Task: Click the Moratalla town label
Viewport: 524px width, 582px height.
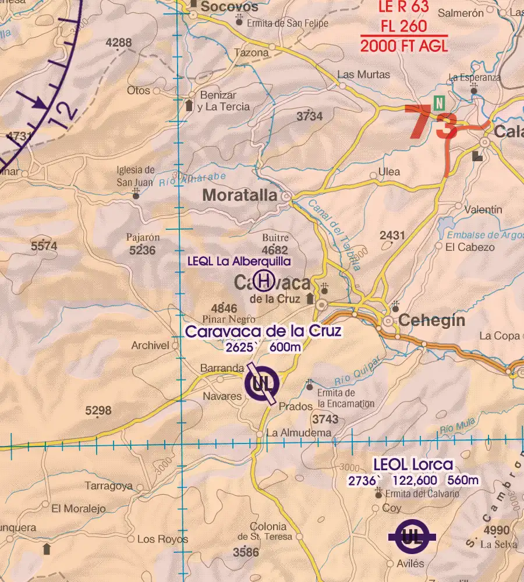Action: coord(239,196)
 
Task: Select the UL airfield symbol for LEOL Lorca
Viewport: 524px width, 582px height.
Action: coord(412,536)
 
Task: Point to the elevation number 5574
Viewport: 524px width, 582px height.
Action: coord(44,247)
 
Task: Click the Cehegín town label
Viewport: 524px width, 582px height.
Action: coord(431,321)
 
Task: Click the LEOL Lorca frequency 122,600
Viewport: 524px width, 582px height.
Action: coord(415,481)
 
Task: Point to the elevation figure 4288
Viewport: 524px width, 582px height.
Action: coord(119,43)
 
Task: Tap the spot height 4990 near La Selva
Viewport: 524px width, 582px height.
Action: coord(497,530)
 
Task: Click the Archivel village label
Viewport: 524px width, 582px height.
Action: coord(150,346)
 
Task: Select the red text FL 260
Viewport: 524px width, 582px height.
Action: coord(403,27)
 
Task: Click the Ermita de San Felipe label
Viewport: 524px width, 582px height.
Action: coord(288,24)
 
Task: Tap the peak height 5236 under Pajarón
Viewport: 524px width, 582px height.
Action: coord(143,250)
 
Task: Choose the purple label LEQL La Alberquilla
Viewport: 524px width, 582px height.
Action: coord(239,262)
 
